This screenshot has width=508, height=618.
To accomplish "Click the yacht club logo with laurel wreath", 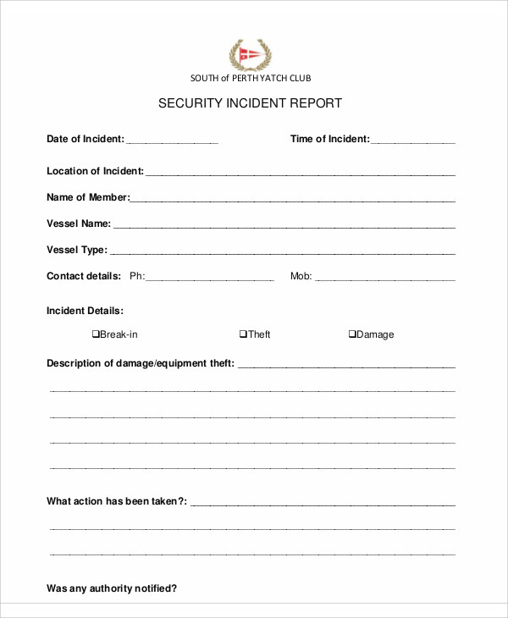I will pyautogui.click(x=251, y=54).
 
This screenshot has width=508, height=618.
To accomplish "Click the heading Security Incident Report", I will pyautogui.click(x=251, y=103).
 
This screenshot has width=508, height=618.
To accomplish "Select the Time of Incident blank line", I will pyautogui.click(x=413, y=141).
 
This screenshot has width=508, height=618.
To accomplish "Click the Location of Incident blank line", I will pyautogui.click(x=301, y=173).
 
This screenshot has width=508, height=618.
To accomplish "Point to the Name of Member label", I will pyautogui.click(x=87, y=197).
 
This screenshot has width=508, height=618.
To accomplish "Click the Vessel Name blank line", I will pyautogui.click(x=284, y=225).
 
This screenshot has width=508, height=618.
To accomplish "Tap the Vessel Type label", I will pyautogui.click(x=76, y=250).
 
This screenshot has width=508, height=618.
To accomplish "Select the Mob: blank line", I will pyautogui.click(x=385, y=278).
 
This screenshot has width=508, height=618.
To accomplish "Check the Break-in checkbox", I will pyautogui.click(x=96, y=334).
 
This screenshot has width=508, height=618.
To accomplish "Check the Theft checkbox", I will pyautogui.click(x=243, y=334).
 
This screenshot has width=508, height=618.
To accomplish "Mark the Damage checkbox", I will pyautogui.click(x=352, y=334).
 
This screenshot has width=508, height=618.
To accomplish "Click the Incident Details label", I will pyautogui.click(x=85, y=311).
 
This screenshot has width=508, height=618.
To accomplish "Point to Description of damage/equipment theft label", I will pyautogui.click(x=141, y=363).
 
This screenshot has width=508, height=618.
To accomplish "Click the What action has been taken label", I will pyautogui.click(x=117, y=501).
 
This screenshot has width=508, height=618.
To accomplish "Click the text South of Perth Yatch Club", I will pyautogui.click(x=251, y=78).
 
